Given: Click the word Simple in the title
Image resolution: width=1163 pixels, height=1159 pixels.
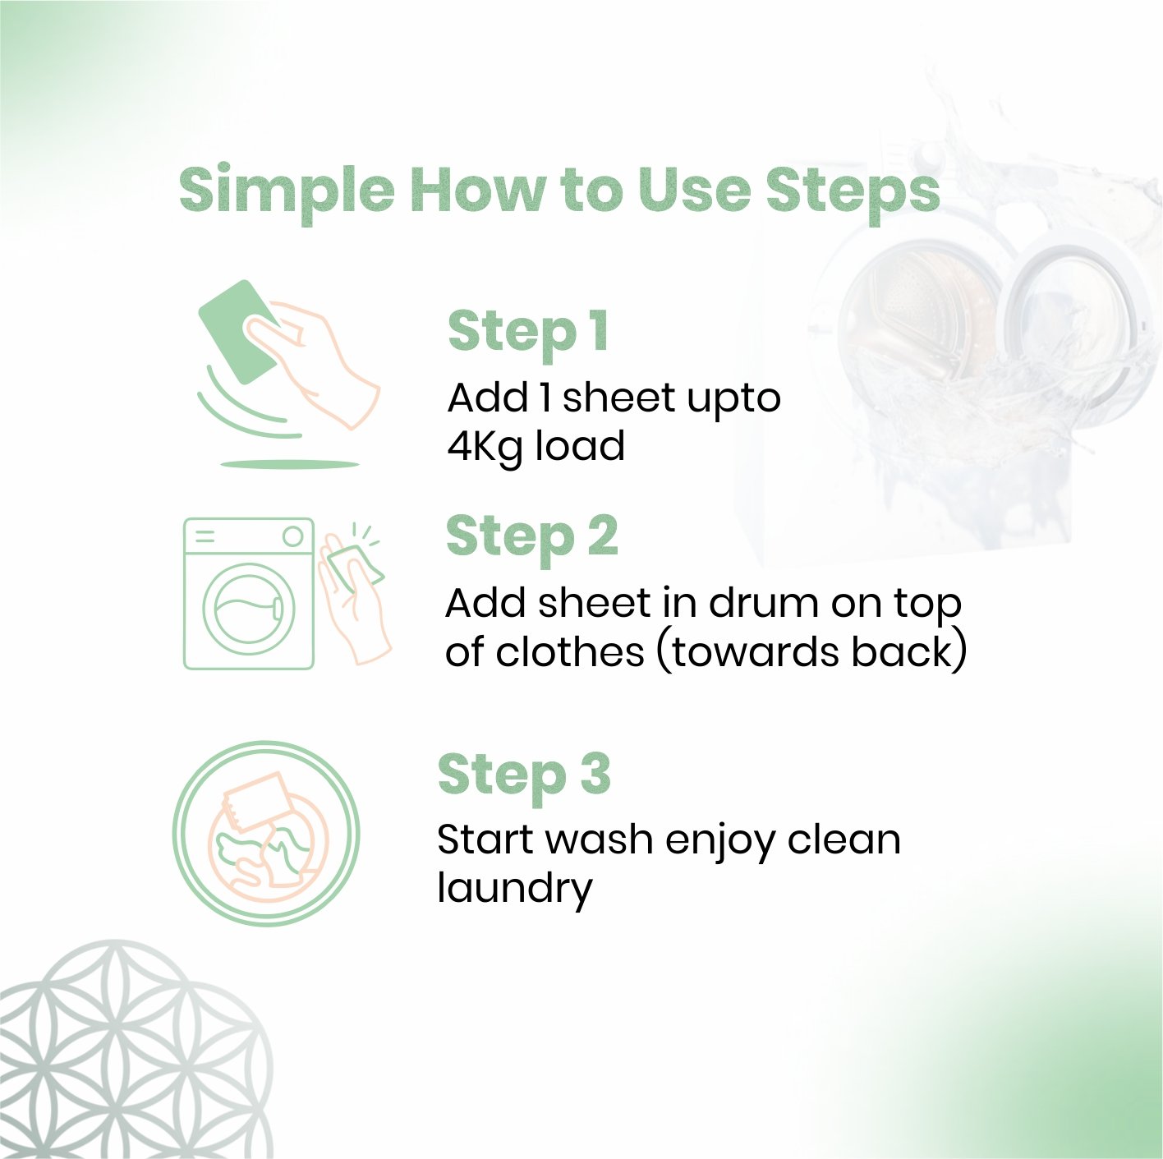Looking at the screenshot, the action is [287, 192].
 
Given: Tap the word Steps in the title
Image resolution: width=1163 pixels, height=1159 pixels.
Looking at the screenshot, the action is [853, 192].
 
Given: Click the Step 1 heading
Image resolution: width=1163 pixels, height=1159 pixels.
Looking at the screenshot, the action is [527, 333].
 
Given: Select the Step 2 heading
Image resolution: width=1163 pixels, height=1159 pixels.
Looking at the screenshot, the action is [532, 539].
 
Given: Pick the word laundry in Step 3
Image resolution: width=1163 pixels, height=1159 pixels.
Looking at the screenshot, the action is [515, 889].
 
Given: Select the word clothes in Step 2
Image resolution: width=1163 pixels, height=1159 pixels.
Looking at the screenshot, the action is [570, 652].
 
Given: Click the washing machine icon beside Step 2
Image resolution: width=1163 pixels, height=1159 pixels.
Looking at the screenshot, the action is [249, 593].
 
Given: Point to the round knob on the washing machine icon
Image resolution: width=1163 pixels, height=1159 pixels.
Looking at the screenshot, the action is [292, 536].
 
